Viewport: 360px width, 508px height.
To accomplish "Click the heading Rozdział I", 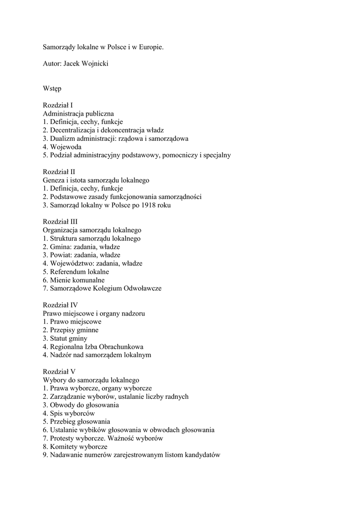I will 58,105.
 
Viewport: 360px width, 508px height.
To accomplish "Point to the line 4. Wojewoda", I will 62,147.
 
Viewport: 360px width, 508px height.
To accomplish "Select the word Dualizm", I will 63,138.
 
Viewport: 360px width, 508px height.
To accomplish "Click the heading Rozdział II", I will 59,172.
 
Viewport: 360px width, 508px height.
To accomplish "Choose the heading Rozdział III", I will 60,222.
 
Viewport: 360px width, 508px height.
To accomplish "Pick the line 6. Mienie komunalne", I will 73,280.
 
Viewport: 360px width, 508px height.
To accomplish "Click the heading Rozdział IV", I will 60,305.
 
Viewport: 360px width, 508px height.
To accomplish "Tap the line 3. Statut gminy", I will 65,338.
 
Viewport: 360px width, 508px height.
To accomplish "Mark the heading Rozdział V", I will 59,372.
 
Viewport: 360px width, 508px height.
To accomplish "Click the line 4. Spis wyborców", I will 69,413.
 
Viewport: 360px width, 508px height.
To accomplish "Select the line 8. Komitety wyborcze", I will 74,446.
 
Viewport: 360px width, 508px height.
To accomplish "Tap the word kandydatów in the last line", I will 202,455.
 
